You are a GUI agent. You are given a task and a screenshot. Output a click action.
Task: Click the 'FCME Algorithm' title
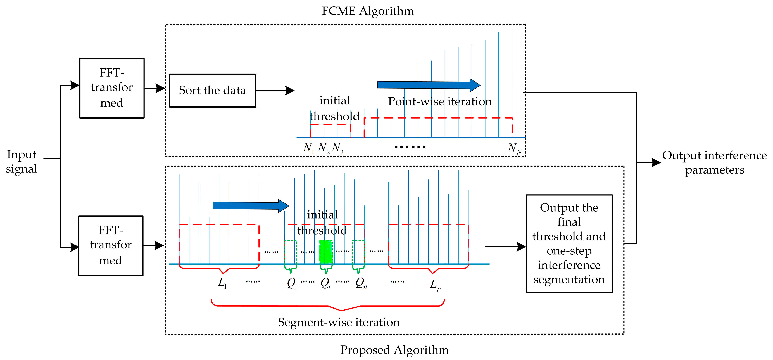(x=368, y=11)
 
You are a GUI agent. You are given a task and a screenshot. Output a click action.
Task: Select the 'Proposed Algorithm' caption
(x=394, y=350)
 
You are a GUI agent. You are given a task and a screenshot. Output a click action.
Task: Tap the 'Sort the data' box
(x=212, y=90)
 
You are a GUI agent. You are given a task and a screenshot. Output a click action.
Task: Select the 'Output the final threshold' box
(x=569, y=243)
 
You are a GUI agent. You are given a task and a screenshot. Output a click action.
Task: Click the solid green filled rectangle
(x=326, y=252)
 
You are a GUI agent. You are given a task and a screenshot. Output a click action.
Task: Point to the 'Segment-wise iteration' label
(x=339, y=322)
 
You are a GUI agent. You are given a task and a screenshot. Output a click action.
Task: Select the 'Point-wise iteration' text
(x=440, y=101)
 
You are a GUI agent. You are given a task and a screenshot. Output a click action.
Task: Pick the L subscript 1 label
(x=222, y=283)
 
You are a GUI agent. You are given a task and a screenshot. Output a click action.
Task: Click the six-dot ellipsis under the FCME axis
(x=410, y=147)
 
